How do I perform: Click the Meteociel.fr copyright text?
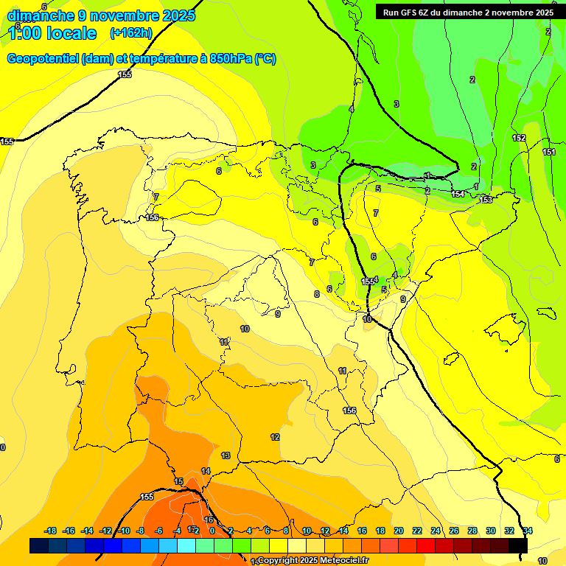(x=312, y=560)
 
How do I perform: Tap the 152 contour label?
(x=519, y=138)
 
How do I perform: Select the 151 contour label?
(x=549, y=152)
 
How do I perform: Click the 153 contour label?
(x=486, y=200)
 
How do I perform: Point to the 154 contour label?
(x=458, y=194)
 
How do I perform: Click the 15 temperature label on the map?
(x=178, y=481)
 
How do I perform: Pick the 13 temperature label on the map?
(x=226, y=455)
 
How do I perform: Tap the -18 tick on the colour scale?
(x=51, y=531)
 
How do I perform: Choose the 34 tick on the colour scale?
(x=528, y=531)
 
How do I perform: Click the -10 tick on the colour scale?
(x=124, y=531)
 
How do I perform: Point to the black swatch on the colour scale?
(x=518, y=545)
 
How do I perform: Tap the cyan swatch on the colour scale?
(x=186, y=545)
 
